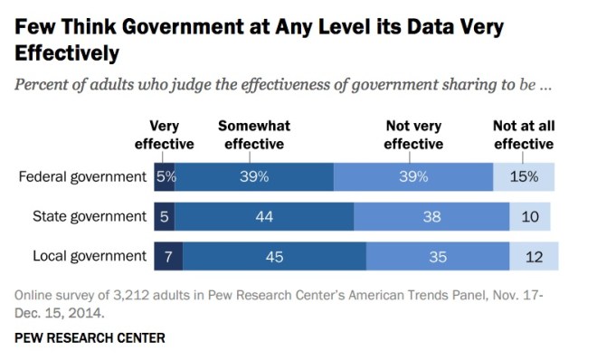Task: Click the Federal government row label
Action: point(82,176)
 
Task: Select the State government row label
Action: point(90,216)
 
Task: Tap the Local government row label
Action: point(90,257)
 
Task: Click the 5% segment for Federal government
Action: point(165,176)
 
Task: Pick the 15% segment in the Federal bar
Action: point(524,176)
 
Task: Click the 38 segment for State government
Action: point(431,217)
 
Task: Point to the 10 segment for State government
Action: point(530,217)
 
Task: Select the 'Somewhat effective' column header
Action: point(253,136)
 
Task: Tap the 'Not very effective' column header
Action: point(413,136)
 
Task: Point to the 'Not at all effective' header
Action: point(523,136)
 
